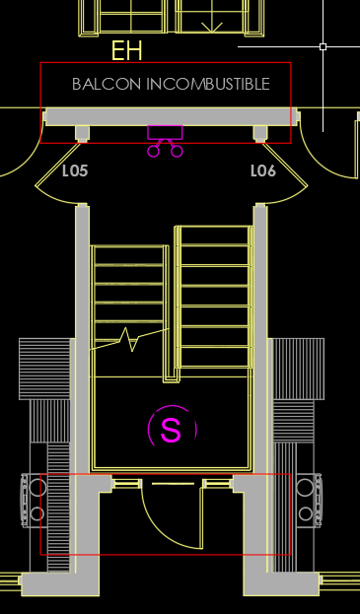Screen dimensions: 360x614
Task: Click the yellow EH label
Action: coord(126,50)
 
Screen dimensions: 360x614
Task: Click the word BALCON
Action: coord(107,84)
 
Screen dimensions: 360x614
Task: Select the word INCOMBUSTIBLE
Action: coord(208,84)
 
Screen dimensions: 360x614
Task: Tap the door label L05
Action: coord(75,171)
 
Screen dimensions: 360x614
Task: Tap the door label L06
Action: coord(263,171)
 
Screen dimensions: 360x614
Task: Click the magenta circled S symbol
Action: coord(172,429)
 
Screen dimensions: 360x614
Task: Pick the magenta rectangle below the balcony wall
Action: coord(165,132)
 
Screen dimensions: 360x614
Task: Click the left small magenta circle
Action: coord(153,151)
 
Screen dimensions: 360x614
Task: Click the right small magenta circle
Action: coord(177,151)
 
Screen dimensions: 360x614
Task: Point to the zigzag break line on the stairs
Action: coord(129,339)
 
